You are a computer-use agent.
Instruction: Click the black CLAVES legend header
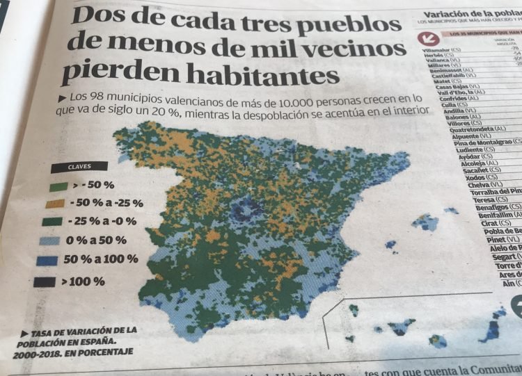(x=79, y=166)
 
